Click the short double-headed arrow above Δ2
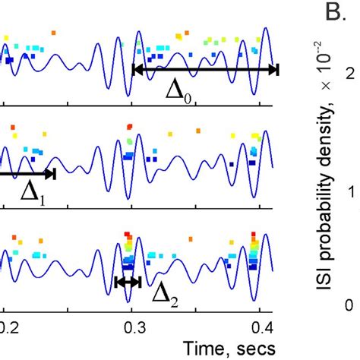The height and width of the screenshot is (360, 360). click(x=128, y=282)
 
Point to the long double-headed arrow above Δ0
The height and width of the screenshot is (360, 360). click(x=205, y=70)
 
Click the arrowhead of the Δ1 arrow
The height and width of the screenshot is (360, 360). click(x=51, y=174)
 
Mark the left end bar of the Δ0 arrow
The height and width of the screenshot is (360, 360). click(x=133, y=70)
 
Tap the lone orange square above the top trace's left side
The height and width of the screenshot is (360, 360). click(x=52, y=33)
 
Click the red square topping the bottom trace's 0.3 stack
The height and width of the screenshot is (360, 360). click(x=128, y=235)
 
